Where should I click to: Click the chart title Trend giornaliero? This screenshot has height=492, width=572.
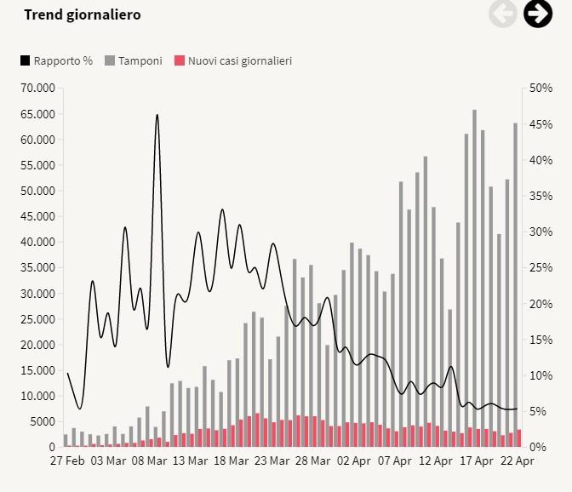(83, 14)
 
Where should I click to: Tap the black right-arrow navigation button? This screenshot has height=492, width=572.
(537, 14)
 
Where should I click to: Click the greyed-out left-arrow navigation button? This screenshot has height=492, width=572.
(503, 14)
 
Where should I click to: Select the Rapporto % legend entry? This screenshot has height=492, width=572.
(57, 60)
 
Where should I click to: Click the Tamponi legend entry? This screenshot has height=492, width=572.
(134, 60)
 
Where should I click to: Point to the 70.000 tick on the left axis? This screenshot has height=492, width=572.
(37, 88)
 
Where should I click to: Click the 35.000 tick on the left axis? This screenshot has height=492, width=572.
(37, 267)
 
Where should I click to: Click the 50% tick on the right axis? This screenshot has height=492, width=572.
(541, 88)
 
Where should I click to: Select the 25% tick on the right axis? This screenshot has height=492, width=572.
(541, 267)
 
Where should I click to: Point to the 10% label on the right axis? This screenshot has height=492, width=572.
(541, 375)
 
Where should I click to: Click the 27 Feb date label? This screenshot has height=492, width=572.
(66, 461)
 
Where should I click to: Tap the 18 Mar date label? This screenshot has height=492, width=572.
(232, 461)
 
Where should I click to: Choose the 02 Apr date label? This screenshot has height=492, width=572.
(354, 461)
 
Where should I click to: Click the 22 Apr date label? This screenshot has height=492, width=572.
(518, 461)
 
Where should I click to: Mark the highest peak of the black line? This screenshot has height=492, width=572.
(157, 115)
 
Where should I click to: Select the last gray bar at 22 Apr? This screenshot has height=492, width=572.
(515, 281)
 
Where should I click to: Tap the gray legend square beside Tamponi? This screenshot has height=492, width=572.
(110, 60)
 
